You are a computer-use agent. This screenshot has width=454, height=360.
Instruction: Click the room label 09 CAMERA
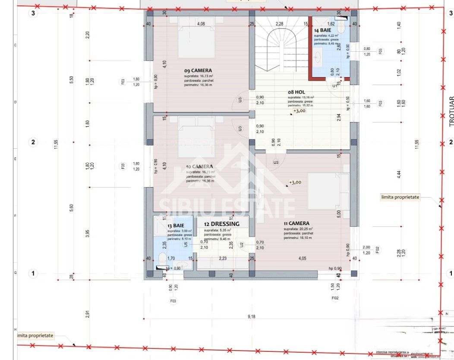[198, 71]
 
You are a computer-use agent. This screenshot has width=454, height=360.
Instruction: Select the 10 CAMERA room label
[199, 166]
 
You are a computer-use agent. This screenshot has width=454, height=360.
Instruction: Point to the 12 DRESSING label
[221, 224]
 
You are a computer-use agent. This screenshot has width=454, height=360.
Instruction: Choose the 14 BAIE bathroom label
[323, 31]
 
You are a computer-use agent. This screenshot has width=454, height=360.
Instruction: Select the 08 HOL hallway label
[297, 92]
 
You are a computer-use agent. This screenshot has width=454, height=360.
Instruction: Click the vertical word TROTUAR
[451, 111]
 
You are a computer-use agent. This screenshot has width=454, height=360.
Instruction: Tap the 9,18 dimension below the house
[251, 317]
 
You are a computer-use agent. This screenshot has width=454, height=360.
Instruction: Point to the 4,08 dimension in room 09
[201, 24]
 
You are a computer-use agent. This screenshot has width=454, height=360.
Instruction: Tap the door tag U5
[186, 244]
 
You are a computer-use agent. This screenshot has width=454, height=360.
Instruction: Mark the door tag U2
[242, 244]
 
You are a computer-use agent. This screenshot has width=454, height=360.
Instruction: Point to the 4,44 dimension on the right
[399, 174]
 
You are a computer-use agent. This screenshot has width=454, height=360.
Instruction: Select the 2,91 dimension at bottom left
[88, 314]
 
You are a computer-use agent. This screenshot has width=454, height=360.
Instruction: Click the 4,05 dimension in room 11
[302, 259]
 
